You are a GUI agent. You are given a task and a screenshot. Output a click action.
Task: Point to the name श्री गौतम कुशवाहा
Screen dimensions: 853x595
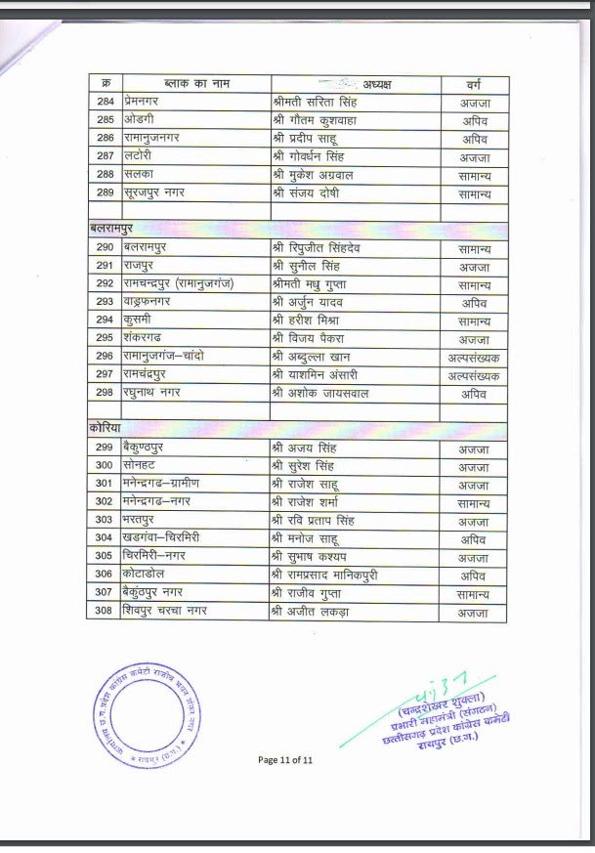coord(319,120)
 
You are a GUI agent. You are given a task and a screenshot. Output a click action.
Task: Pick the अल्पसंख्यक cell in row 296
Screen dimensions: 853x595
coord(473,357)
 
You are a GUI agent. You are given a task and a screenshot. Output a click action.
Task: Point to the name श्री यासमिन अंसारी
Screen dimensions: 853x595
coord(321,375)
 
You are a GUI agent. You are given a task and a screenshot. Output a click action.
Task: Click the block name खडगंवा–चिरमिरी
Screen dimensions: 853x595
coord(167,538)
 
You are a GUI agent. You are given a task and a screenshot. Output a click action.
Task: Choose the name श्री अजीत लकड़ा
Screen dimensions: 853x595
coord(312,613)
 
